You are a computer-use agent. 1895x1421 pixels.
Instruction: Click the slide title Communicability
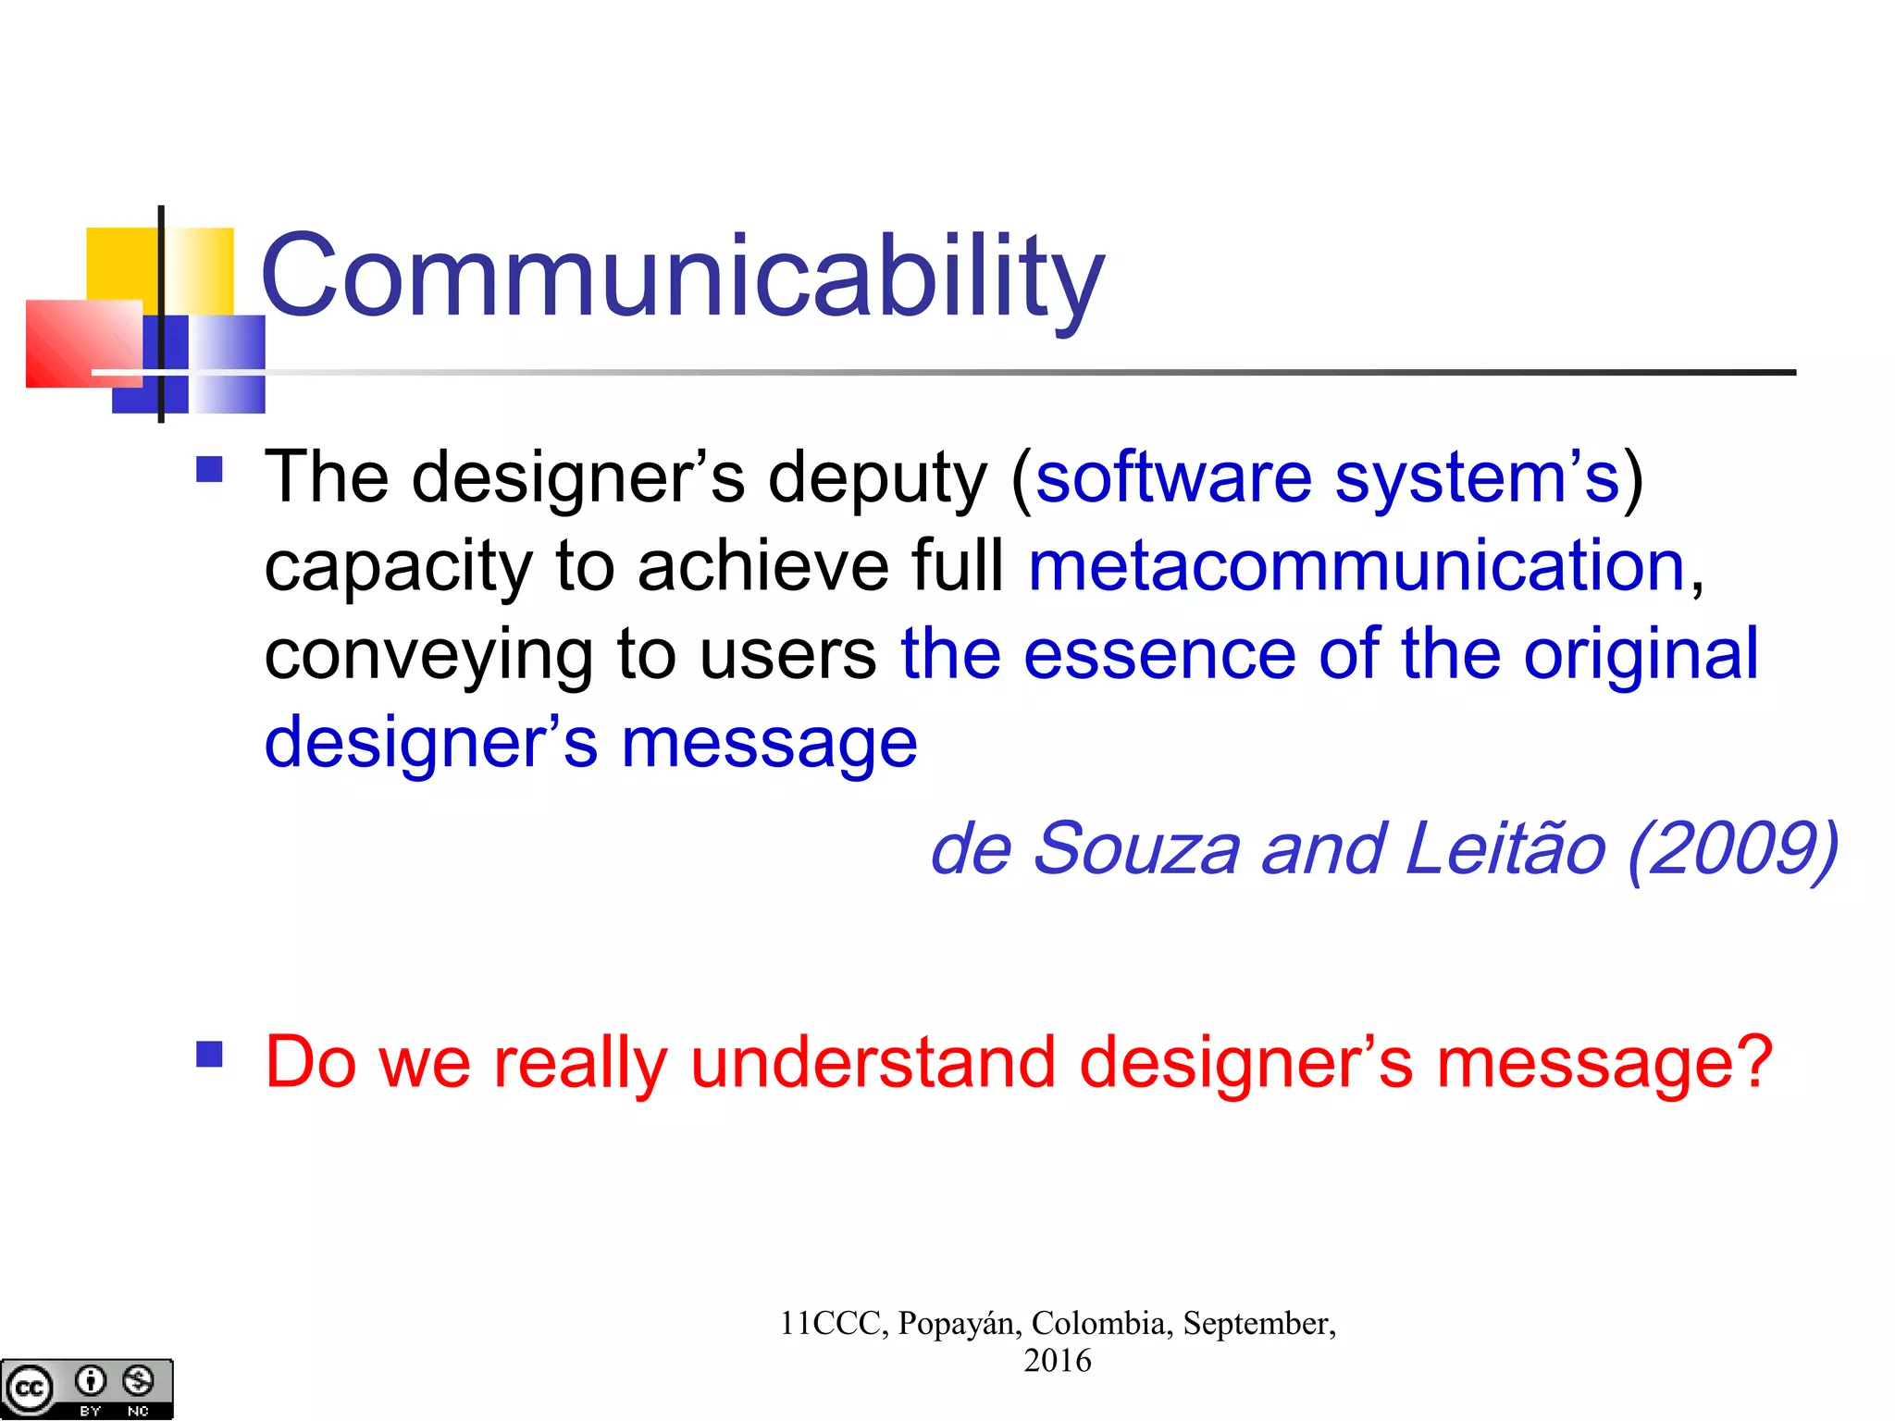683,278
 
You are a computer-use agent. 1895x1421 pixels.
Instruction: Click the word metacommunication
1356,566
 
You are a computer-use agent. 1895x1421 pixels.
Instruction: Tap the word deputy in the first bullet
877,478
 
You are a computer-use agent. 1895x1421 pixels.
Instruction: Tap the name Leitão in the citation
1505,849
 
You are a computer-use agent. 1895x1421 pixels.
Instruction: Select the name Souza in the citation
1135,849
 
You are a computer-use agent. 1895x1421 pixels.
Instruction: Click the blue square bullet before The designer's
210,469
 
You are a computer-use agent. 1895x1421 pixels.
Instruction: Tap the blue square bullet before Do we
210,1054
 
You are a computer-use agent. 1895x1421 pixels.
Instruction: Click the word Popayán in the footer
960,1324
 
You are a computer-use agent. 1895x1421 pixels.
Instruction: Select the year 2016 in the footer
1057,1361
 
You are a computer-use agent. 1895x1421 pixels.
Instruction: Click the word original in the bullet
1641,654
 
